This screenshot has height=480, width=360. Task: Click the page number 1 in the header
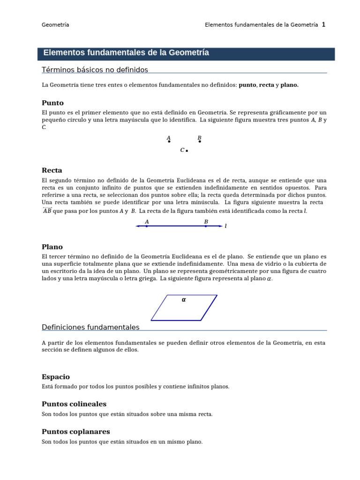323,25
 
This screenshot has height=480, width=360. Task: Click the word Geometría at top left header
55,25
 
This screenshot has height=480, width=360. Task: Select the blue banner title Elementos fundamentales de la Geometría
126,53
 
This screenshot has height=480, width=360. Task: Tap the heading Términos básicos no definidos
95,70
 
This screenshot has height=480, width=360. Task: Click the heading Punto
52,103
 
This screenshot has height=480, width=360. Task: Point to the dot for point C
187,151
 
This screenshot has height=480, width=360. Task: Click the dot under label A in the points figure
169,141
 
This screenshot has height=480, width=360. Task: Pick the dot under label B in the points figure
200,141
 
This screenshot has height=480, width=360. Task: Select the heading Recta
52,171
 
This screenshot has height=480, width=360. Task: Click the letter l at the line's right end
226,226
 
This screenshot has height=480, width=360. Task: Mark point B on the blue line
206,226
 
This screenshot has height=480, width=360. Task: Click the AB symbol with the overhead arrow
47,211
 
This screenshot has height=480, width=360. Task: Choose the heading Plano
52,247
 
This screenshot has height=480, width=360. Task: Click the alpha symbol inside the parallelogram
184,300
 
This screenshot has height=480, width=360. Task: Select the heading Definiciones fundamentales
90,327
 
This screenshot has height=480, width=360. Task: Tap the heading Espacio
56,377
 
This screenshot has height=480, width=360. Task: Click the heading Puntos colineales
74,404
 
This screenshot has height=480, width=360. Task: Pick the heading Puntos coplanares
76,431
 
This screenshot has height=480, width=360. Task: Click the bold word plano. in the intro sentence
289,85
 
